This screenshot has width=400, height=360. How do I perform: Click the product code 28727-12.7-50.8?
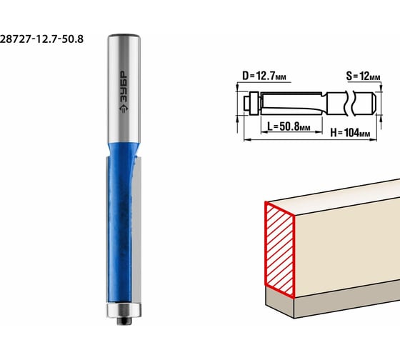pos(41,39)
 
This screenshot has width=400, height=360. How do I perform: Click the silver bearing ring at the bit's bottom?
pos(124,310)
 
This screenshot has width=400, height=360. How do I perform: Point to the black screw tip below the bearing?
pos(124,321)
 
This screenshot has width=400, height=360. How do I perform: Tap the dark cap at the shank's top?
pos(124,36)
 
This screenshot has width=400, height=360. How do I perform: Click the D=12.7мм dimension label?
pos(264,76)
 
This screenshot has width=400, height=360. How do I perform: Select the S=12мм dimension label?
pos(363,76)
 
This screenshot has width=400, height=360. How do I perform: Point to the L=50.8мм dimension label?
pos(289,126)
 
